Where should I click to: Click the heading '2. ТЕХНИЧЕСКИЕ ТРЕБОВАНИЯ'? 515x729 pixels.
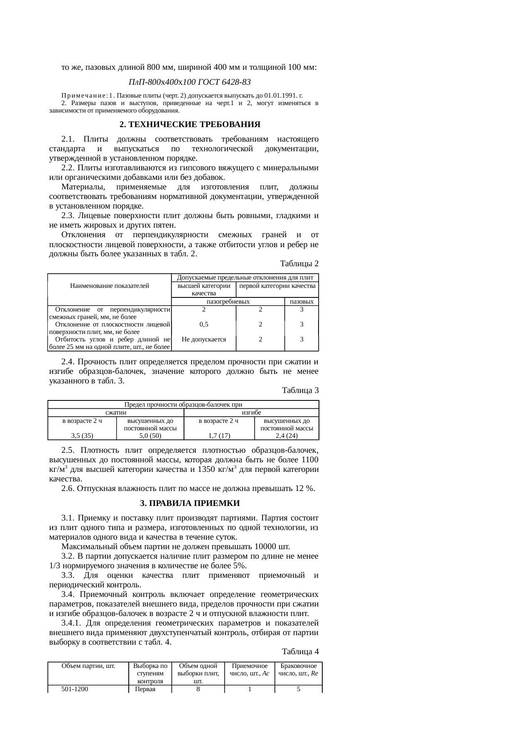(190, 125)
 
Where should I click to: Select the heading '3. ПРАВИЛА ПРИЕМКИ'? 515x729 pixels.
(190, 503)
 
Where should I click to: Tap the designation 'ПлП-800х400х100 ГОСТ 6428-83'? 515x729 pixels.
(190, 81)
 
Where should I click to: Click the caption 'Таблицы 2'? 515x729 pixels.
(299, 264)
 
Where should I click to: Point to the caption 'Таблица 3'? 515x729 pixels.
(300, 390)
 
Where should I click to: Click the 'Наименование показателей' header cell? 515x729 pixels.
(110, 285)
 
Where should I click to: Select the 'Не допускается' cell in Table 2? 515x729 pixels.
(204, 339)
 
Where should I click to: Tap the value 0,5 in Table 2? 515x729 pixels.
(204, 324)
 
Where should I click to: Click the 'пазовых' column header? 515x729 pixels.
(302, 302)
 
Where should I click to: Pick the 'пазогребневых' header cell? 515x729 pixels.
(228, 302)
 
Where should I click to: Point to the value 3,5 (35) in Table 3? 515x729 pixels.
(82, 435)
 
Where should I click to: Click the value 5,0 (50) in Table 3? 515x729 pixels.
(150, 435)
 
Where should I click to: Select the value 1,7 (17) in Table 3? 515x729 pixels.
(219, 435)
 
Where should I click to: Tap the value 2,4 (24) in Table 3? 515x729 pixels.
(287, 435)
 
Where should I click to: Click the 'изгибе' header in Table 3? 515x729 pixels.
(251, 412)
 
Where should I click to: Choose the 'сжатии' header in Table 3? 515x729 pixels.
(116, 412)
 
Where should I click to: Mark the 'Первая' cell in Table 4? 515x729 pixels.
(145, 689)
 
